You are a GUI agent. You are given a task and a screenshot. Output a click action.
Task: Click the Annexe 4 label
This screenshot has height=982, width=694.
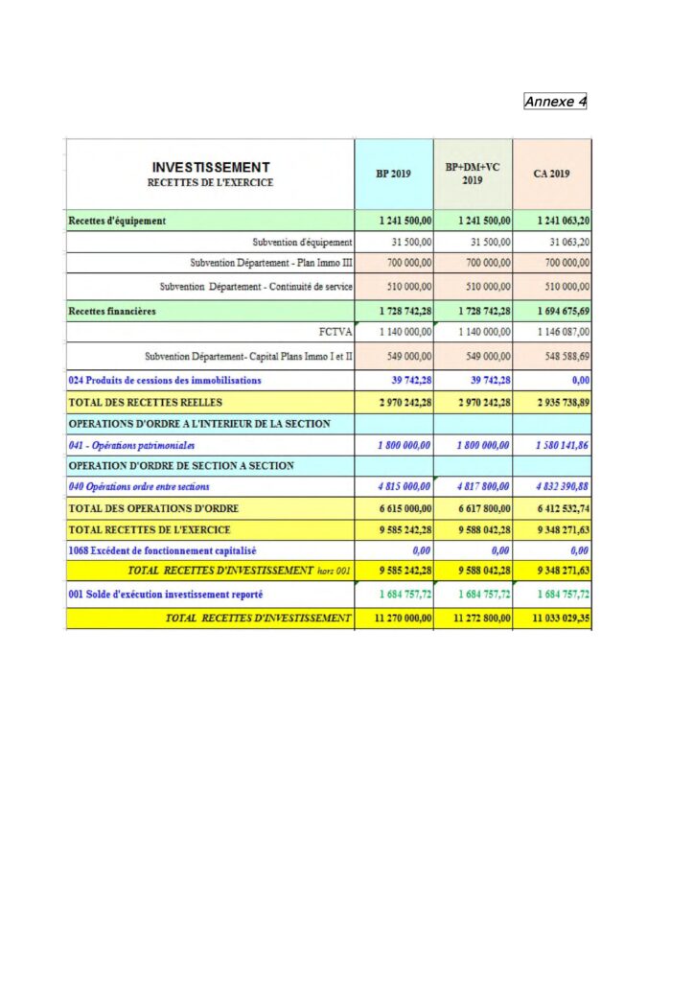click(555, 102)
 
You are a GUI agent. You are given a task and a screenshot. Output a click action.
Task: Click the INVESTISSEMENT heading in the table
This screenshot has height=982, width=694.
click(211, 167)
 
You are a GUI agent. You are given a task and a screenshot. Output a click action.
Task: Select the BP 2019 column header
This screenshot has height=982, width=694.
click(393, 174)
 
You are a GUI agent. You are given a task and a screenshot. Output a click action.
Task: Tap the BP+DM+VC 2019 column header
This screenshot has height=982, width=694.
click(473, 174)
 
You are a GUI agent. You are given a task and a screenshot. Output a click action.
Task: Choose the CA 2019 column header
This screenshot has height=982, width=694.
click(551, 174)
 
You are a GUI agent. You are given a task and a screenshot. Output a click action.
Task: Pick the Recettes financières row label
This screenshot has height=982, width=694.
click(112, 311)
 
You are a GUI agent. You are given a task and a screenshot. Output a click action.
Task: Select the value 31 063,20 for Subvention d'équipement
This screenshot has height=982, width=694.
click(566, 242)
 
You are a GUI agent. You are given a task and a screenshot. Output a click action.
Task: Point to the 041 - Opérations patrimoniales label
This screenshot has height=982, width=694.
click(131, 445)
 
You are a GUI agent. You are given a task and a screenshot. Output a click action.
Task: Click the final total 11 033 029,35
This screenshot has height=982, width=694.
click(554, 619)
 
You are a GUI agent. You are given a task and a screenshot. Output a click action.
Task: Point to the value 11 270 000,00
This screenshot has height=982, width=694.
click(396, 619)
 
